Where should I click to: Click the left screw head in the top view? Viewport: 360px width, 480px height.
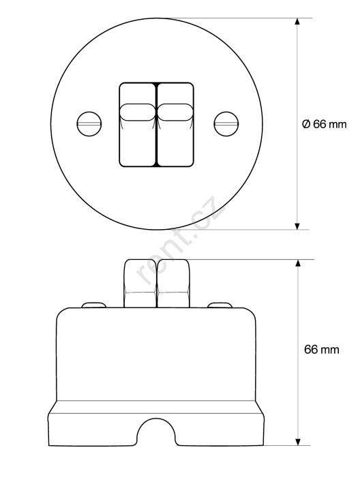[89, 124]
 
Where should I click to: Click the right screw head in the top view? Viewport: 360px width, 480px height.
[226, 124]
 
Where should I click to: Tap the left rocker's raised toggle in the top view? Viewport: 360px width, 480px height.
[138, 112]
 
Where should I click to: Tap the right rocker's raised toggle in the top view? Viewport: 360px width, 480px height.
[175, 112]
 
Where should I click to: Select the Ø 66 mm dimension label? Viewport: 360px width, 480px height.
[324, 124]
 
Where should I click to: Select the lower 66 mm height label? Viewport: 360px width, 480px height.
[322, 350]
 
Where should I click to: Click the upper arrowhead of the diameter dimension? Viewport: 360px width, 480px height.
[297, 21]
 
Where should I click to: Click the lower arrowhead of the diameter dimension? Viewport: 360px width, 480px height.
[297, 226]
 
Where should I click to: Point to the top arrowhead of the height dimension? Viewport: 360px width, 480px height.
[298, 263]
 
